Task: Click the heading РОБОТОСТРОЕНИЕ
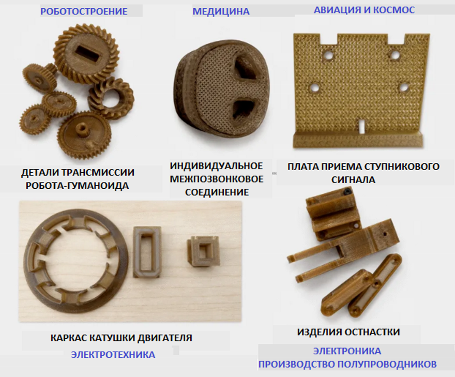(84, 11)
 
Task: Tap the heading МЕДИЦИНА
(221, 11)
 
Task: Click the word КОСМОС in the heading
(394, 10)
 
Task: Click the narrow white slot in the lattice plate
(361, 126)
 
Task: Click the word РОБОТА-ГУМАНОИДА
(77, 186)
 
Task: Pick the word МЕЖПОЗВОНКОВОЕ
(217, 179)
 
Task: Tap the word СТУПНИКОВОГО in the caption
(402, 167)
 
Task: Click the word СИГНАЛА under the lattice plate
(353, 180)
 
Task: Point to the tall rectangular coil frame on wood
(147, 252)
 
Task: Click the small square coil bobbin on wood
(203, 251)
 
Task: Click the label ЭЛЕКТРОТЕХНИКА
(113, 355)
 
